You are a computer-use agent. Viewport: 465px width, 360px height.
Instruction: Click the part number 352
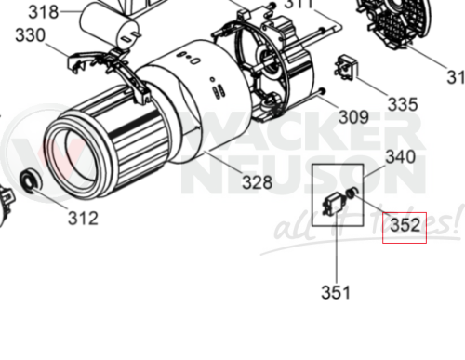click(x=405, y=225)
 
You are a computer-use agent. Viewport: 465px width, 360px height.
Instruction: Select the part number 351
click(x=336, y=292)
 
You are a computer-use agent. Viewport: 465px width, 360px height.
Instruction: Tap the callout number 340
click(x=400, y=157)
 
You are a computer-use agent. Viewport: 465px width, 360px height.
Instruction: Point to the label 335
click(x=402, y=103)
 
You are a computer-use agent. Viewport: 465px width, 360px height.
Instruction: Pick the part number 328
click(x=258, y=182)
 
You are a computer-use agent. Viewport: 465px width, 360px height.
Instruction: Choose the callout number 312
click(x=83, y=219)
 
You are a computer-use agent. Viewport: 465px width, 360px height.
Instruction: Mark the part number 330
click(x=31, y=35)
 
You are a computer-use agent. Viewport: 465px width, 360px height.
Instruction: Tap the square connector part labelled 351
click(x=332, y=206)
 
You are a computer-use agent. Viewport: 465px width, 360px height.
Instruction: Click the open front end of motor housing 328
click(x=69, y=150)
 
